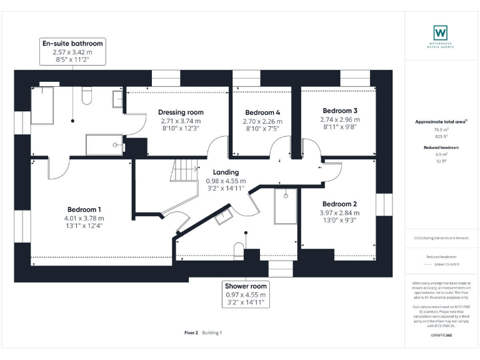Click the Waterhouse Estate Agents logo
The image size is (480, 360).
440,32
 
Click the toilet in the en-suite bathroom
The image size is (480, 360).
87,94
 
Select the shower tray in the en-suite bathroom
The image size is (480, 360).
104,144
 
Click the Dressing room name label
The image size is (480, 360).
181,112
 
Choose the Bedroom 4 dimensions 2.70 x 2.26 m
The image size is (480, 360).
262,121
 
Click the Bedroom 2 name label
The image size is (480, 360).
339,204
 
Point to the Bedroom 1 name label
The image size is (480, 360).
84,209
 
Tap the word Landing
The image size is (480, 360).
226,172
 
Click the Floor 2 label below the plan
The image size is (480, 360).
191,333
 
